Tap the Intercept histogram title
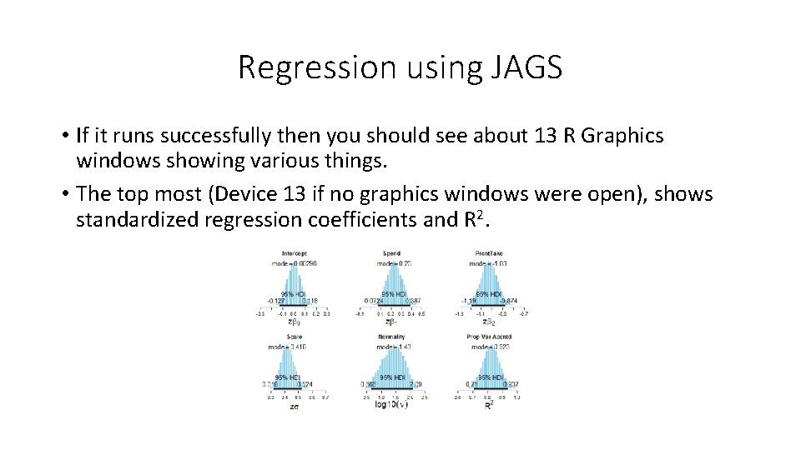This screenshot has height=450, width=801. click(x=293, y=253)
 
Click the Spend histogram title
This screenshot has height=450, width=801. click(x=391, y=253)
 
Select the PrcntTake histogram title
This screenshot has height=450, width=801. click(x=490, y=253)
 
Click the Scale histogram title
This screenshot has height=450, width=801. click(x=293, y=337)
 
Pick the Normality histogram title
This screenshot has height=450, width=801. click(x=391, y=337)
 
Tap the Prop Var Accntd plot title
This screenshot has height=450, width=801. click(x=490, y=337)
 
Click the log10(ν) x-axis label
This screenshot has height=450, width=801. click(x=391, y=406)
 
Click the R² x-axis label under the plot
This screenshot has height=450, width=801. click(x=490, y=406)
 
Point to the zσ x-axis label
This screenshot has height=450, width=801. click(x=293, y=406)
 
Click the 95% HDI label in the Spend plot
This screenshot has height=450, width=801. click(x=393, y=293)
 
